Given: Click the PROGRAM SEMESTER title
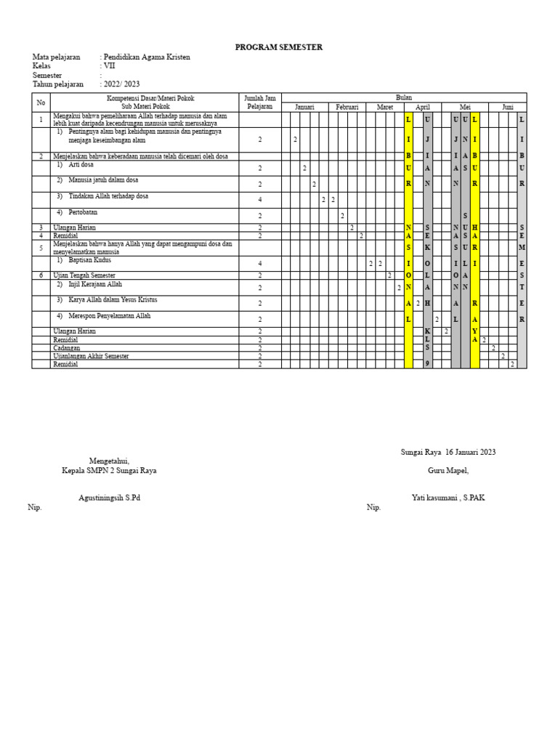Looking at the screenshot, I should pyautogui.click(x=279, y=47).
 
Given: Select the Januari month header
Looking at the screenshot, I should pyautogui.click(x=304, y=107).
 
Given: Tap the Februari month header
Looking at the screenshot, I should pyautogui.click(x=347, y=107).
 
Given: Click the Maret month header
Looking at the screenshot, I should pyautogui.click(x=384, y=107).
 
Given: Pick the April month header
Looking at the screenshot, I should pyautogui.click(x=423, y=107).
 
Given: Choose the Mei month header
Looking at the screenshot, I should pyautogui.click(x=465, y=107).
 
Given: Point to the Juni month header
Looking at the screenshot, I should pyautogui.click(x=507, y=107).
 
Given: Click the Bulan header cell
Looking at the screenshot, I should pyautogui.click(x=403, y=97).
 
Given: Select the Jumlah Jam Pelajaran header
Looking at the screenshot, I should pyautogui.click(x=259, y=102).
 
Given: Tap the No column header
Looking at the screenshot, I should pyautogui.click(x=41, y=102).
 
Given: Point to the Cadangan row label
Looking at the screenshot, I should pyautogui.click(x=67, y=348).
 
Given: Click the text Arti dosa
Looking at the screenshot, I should pyautogui.click(x=81, y=165).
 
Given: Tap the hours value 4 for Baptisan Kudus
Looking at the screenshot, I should pyautogui.click(x=259, y=263).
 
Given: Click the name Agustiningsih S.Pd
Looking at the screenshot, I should pyautogui.click(x=109, y=498).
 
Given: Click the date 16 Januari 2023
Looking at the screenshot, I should pyautogui.click(x=471, y=452).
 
